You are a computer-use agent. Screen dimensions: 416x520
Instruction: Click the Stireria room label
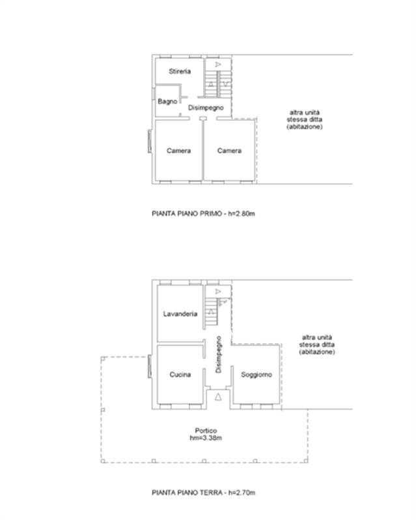pyautogui.click(x=180, y=71)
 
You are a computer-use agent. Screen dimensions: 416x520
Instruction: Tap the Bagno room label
pyautogui.click(x=167, y=101)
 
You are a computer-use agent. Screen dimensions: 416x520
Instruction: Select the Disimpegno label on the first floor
pyautogui.click(x=206, y=108)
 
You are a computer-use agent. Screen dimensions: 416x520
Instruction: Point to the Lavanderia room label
pyautogui.click(x=180, y=314)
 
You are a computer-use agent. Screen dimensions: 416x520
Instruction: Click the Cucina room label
pyautogui.click(x=180, y=374)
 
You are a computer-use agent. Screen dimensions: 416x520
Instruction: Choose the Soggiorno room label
pyautogui.click(x=257, y=374)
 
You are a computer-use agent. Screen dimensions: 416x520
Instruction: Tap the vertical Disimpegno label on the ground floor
pyautogui.click(x=218, y=354)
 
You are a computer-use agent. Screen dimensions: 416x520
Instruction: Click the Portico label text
pyautogui.click(x=206, y=430)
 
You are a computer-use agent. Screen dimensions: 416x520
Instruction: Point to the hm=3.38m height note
pyautogui.click(x=206, y=437)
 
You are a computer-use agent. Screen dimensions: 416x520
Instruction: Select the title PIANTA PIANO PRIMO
pyautogui.click(x=187, y=214)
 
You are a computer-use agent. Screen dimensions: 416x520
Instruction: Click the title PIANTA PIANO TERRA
pyautogui.click(x=187, y=493)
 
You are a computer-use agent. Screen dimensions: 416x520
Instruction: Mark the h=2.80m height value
pyautogui.click(x=242, y=214)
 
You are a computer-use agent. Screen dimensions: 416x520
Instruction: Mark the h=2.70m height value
pyautogui.click(x=242, y=493)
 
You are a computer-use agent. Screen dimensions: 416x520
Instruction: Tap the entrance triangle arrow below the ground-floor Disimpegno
pyautogui.click(x=218, y=396)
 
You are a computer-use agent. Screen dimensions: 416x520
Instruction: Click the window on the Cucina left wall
pyautogui.click(x=150, y=366)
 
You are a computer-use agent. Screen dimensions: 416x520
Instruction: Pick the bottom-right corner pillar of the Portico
pyautogui.click(x=306, y=461)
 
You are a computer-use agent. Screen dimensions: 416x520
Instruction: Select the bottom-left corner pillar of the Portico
pyautogui.click(x=103, y=461)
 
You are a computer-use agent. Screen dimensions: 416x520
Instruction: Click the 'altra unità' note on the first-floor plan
pyautogui.click(x=305, y=112)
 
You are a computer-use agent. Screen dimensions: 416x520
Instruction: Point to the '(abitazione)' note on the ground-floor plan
pyautogui.click(x=317, y=352)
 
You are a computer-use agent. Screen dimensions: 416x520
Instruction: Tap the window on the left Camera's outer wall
pyautogui.click(x=150, y=141)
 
